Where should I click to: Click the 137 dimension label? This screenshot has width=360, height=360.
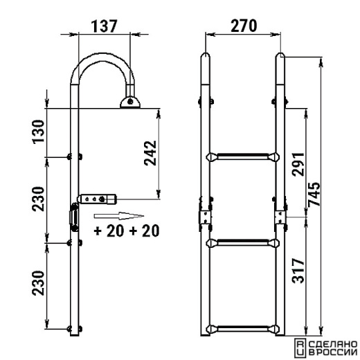pyautogui.click(x=105, y=26)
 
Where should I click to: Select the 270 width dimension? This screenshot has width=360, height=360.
pyautogui.click(x=244, y=26)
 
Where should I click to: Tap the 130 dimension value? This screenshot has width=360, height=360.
pyautogui.click(x=38, y=132)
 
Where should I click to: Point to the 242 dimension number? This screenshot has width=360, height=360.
pyautogui.click(x=150, y=153)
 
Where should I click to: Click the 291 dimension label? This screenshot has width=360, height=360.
pyautogui.click(x=298, y=164)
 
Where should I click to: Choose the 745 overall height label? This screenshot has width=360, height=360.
pyautogui.click(x=314, y=194)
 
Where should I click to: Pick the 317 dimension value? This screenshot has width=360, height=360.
pyautogui.click(x=298, y=271)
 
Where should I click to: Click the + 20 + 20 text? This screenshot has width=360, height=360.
pyautogui.click(x=127, y=231)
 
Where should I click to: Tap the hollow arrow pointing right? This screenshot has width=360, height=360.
pyautogui.click(x=119, y=216)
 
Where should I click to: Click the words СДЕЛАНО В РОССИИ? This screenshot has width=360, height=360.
pyautogui.click(x=333, y=348)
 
